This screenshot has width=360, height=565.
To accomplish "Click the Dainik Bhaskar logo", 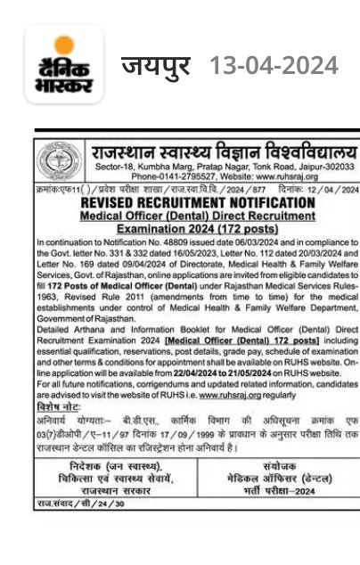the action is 63,65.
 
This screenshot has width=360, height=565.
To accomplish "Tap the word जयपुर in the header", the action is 156,66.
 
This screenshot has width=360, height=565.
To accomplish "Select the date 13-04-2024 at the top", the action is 273,66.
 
